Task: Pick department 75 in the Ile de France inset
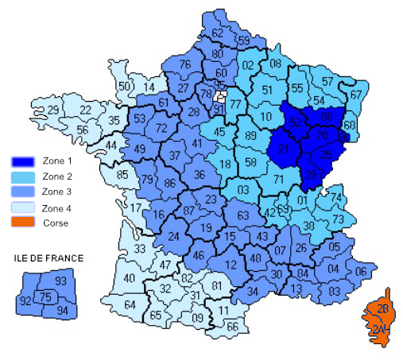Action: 46,297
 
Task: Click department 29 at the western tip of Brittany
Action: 53,109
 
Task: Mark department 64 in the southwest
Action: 130,305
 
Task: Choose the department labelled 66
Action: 232,326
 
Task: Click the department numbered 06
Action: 361,271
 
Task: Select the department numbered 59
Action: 245,41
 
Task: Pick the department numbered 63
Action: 243,215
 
